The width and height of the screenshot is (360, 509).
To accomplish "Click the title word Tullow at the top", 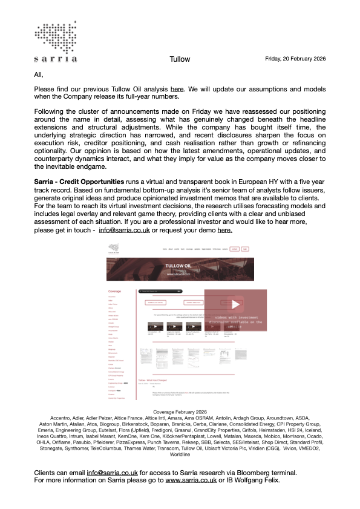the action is coord(180,59).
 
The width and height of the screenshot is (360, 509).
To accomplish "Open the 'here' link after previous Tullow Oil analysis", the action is coord(177,90).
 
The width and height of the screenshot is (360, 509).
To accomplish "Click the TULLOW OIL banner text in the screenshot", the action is coord(179,265).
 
